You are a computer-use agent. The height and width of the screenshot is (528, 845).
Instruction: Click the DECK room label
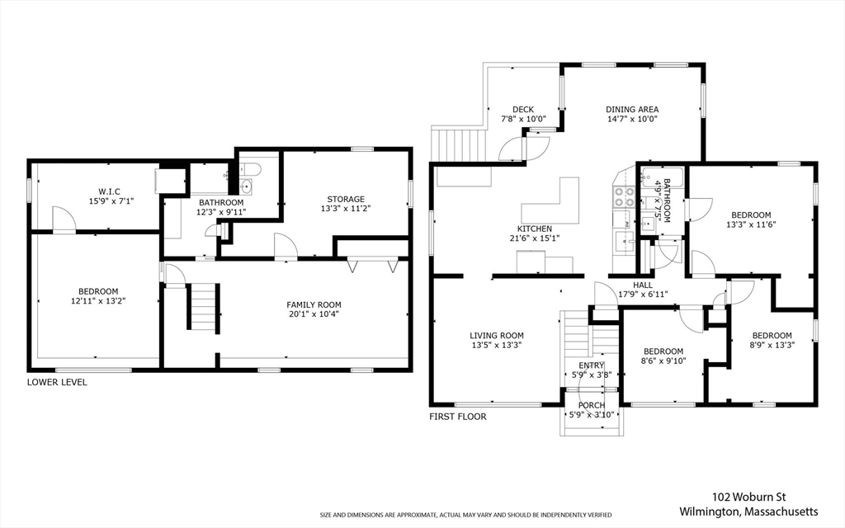pos(522,110)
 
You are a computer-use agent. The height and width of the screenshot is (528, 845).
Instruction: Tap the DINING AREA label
pos(632,110)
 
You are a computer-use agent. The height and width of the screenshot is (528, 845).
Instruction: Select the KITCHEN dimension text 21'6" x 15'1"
pos(535,238)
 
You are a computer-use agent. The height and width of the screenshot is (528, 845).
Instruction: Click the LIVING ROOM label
pos(496,336)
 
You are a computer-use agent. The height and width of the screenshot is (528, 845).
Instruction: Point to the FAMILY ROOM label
pos(314,305)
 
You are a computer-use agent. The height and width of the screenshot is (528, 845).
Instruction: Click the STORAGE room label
pos(346,199)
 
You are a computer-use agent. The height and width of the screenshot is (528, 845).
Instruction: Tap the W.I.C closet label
pos(109,191)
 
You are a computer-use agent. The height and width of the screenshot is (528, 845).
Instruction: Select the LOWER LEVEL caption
pos(57,382)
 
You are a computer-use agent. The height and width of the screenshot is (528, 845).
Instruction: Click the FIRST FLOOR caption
pos(457,417)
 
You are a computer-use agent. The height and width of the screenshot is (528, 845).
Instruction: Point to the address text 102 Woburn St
pos(744,497)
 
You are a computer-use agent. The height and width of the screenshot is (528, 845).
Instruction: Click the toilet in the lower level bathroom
pos(250,170)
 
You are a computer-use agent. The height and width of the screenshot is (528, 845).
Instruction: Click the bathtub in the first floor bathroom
pos(662,178)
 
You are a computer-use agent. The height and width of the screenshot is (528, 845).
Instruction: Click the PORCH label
pos(592,405)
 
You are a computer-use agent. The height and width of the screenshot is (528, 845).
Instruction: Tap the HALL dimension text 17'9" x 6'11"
pos(643,295)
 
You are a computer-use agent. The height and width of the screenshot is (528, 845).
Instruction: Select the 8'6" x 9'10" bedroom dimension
pos(663,361)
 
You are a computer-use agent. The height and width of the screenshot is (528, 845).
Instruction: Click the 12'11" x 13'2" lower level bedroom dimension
pos(98,301)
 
